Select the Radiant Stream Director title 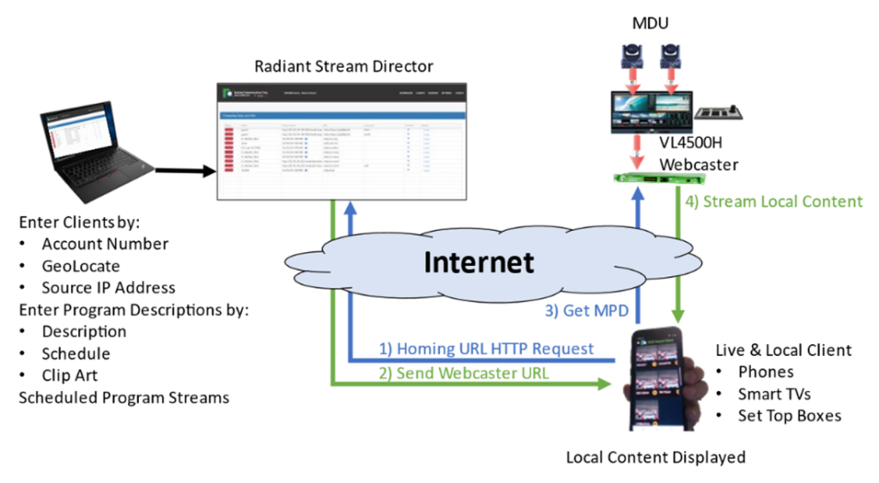(x=343, y=66)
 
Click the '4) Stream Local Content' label (x=774, y=202)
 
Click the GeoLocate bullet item (x=81, y=266)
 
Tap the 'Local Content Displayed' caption (x=655, y=457)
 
